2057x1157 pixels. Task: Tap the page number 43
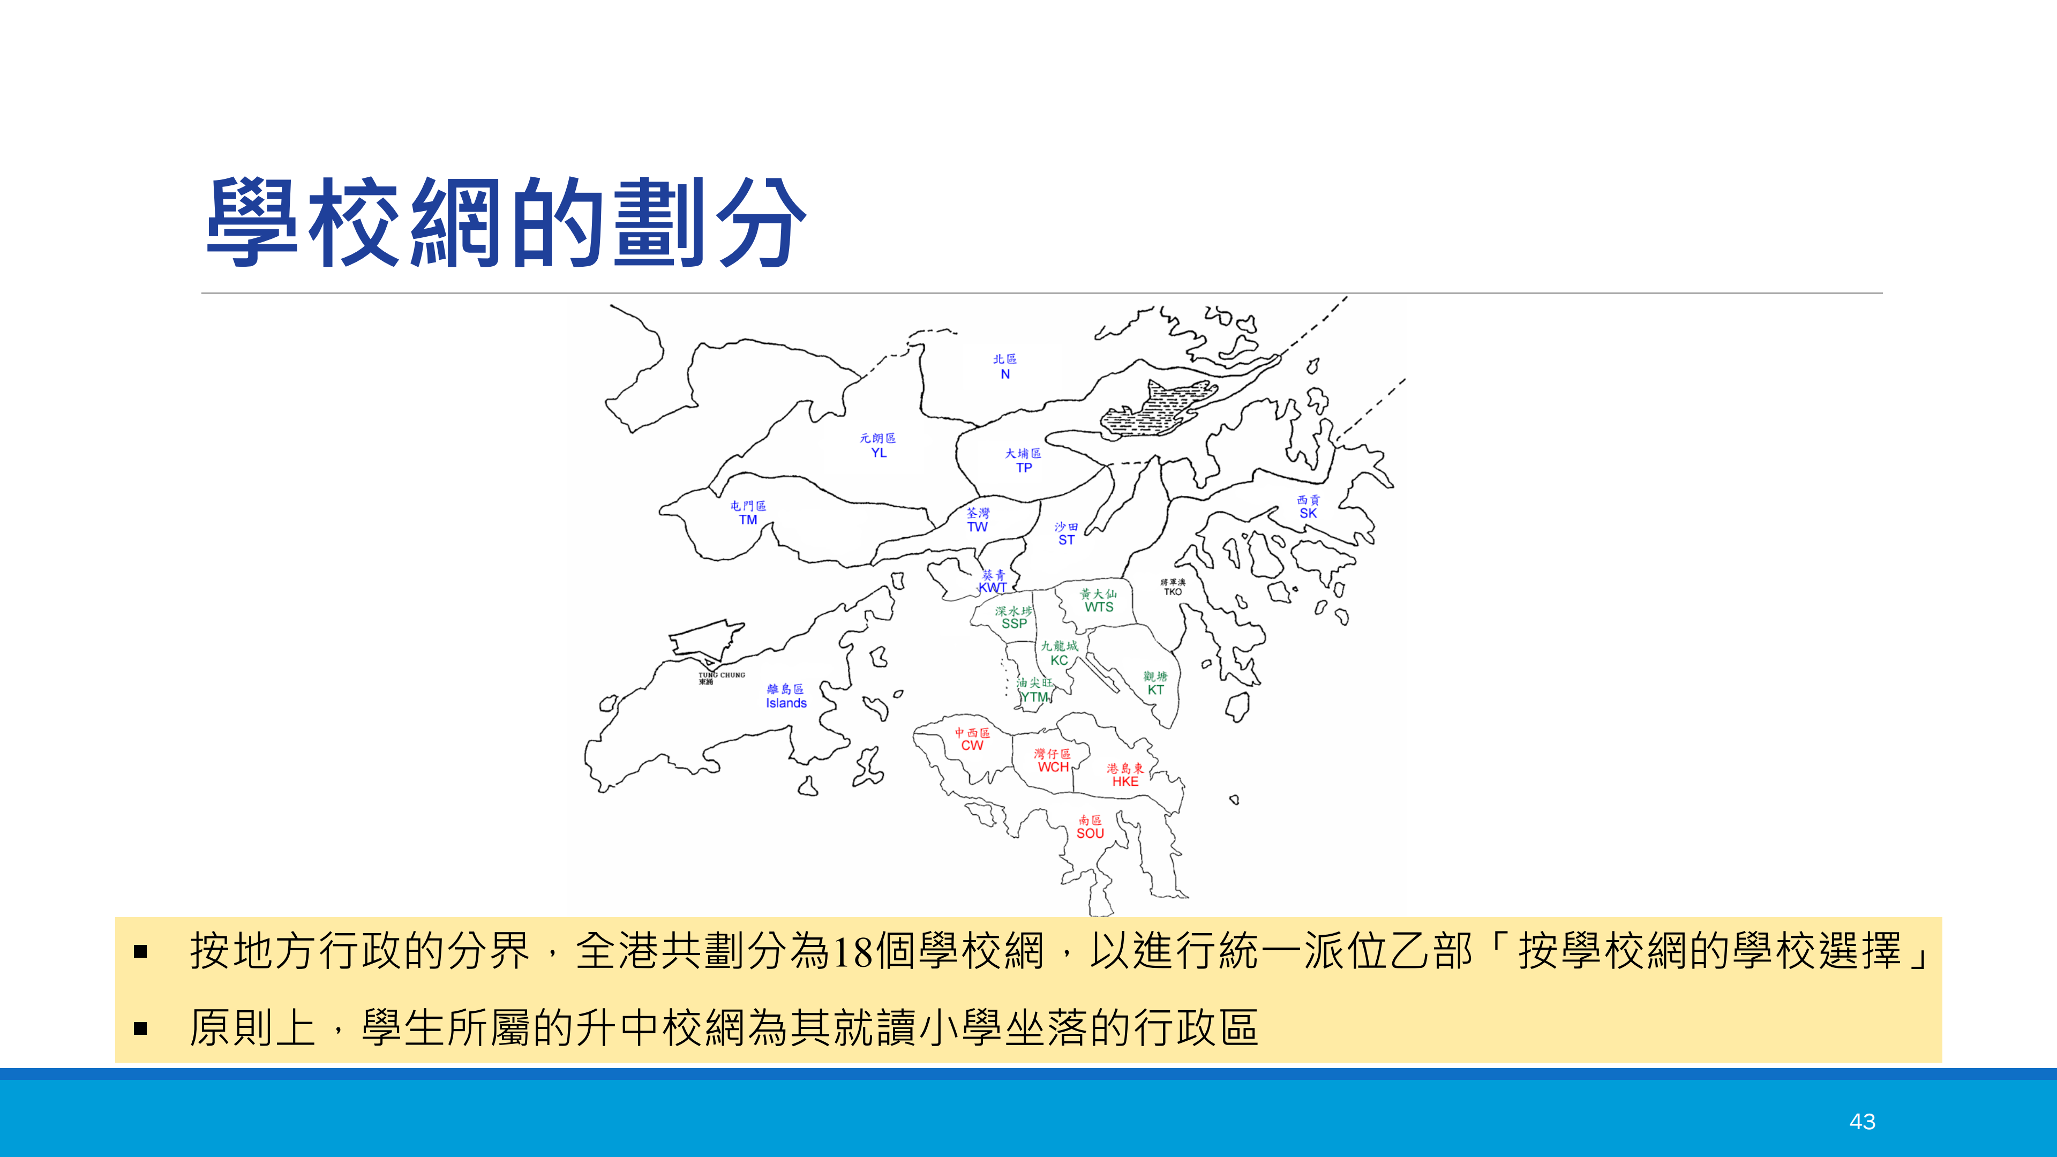click(x=1862, y=1121)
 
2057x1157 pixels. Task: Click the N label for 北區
click(x=1005, y=374)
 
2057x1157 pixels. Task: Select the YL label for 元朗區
click(x=879, y=453)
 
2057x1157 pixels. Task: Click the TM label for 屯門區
click(x=747, y=520)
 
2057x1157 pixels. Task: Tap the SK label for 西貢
click(x=1308, y=514)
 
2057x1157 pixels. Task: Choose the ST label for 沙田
click(x=1066, y=540)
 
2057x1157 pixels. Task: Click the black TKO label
click(x=1172, y=592)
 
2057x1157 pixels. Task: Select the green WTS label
click(x=1099, y=607)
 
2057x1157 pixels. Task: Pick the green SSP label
click(x=1014, y=623)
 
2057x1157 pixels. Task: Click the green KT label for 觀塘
click(x=1155, y=690)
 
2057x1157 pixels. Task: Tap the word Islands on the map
click(x=786, y=703)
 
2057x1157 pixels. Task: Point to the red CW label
click(x=972, y=746)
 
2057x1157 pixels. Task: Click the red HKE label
click(x=1125, y=782)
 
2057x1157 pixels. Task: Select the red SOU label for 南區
click(x=1090, y=833)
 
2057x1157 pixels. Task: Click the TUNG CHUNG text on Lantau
click(x=722, y=675)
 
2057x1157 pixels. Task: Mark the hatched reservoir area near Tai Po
click(x=1158, y=409)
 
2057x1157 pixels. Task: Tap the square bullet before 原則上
click(x=140, y=1028)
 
